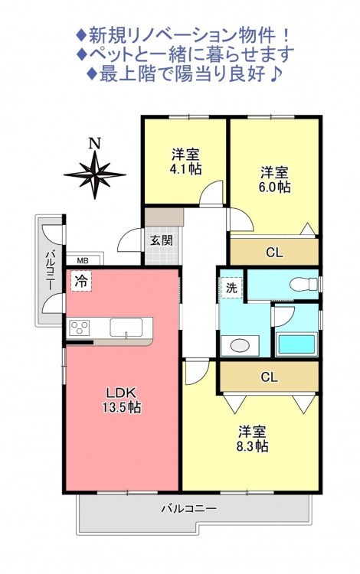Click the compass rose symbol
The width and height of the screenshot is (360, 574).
pyautogui.click(x=94, y=174)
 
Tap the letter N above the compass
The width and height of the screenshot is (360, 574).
pyautogui.click(x=95, y=143)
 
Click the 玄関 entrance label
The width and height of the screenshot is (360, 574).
pyautogui.click(x=162, y=240)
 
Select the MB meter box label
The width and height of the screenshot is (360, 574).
pyautogui.click(x=83, y=261)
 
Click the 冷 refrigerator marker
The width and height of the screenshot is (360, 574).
pyautogui.click(x=81, y=281)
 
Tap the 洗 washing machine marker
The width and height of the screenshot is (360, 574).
pyautogui.click(x=231, y=288)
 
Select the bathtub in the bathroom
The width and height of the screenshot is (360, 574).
pyautogui.click(x=296, y=344)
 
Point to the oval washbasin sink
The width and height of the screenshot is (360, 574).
pyautogui.click(x=240, y=345)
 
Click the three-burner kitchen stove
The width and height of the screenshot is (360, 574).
pyautogui.click(x=80, y=326)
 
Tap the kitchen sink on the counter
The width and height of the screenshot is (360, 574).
pyautogui.click(x=126, y=328)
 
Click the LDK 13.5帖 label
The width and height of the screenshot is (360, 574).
pyautogui.click(x=122, y=400)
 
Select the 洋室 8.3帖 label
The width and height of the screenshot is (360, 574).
pyautogui.click(x=253, y=439)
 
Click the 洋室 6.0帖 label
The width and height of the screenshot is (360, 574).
pyautogui.click(x=275, y=179)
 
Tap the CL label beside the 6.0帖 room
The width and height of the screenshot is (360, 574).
pyautogui.click(x=275, y=253)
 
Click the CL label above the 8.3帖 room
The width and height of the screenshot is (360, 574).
pyautogui.click(x=270, y=377)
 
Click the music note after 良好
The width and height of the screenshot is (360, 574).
pyautogui.click(x=276, y=74)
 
